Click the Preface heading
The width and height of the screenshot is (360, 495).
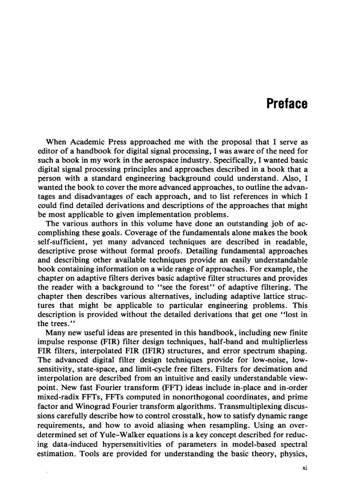coord(287,104)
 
